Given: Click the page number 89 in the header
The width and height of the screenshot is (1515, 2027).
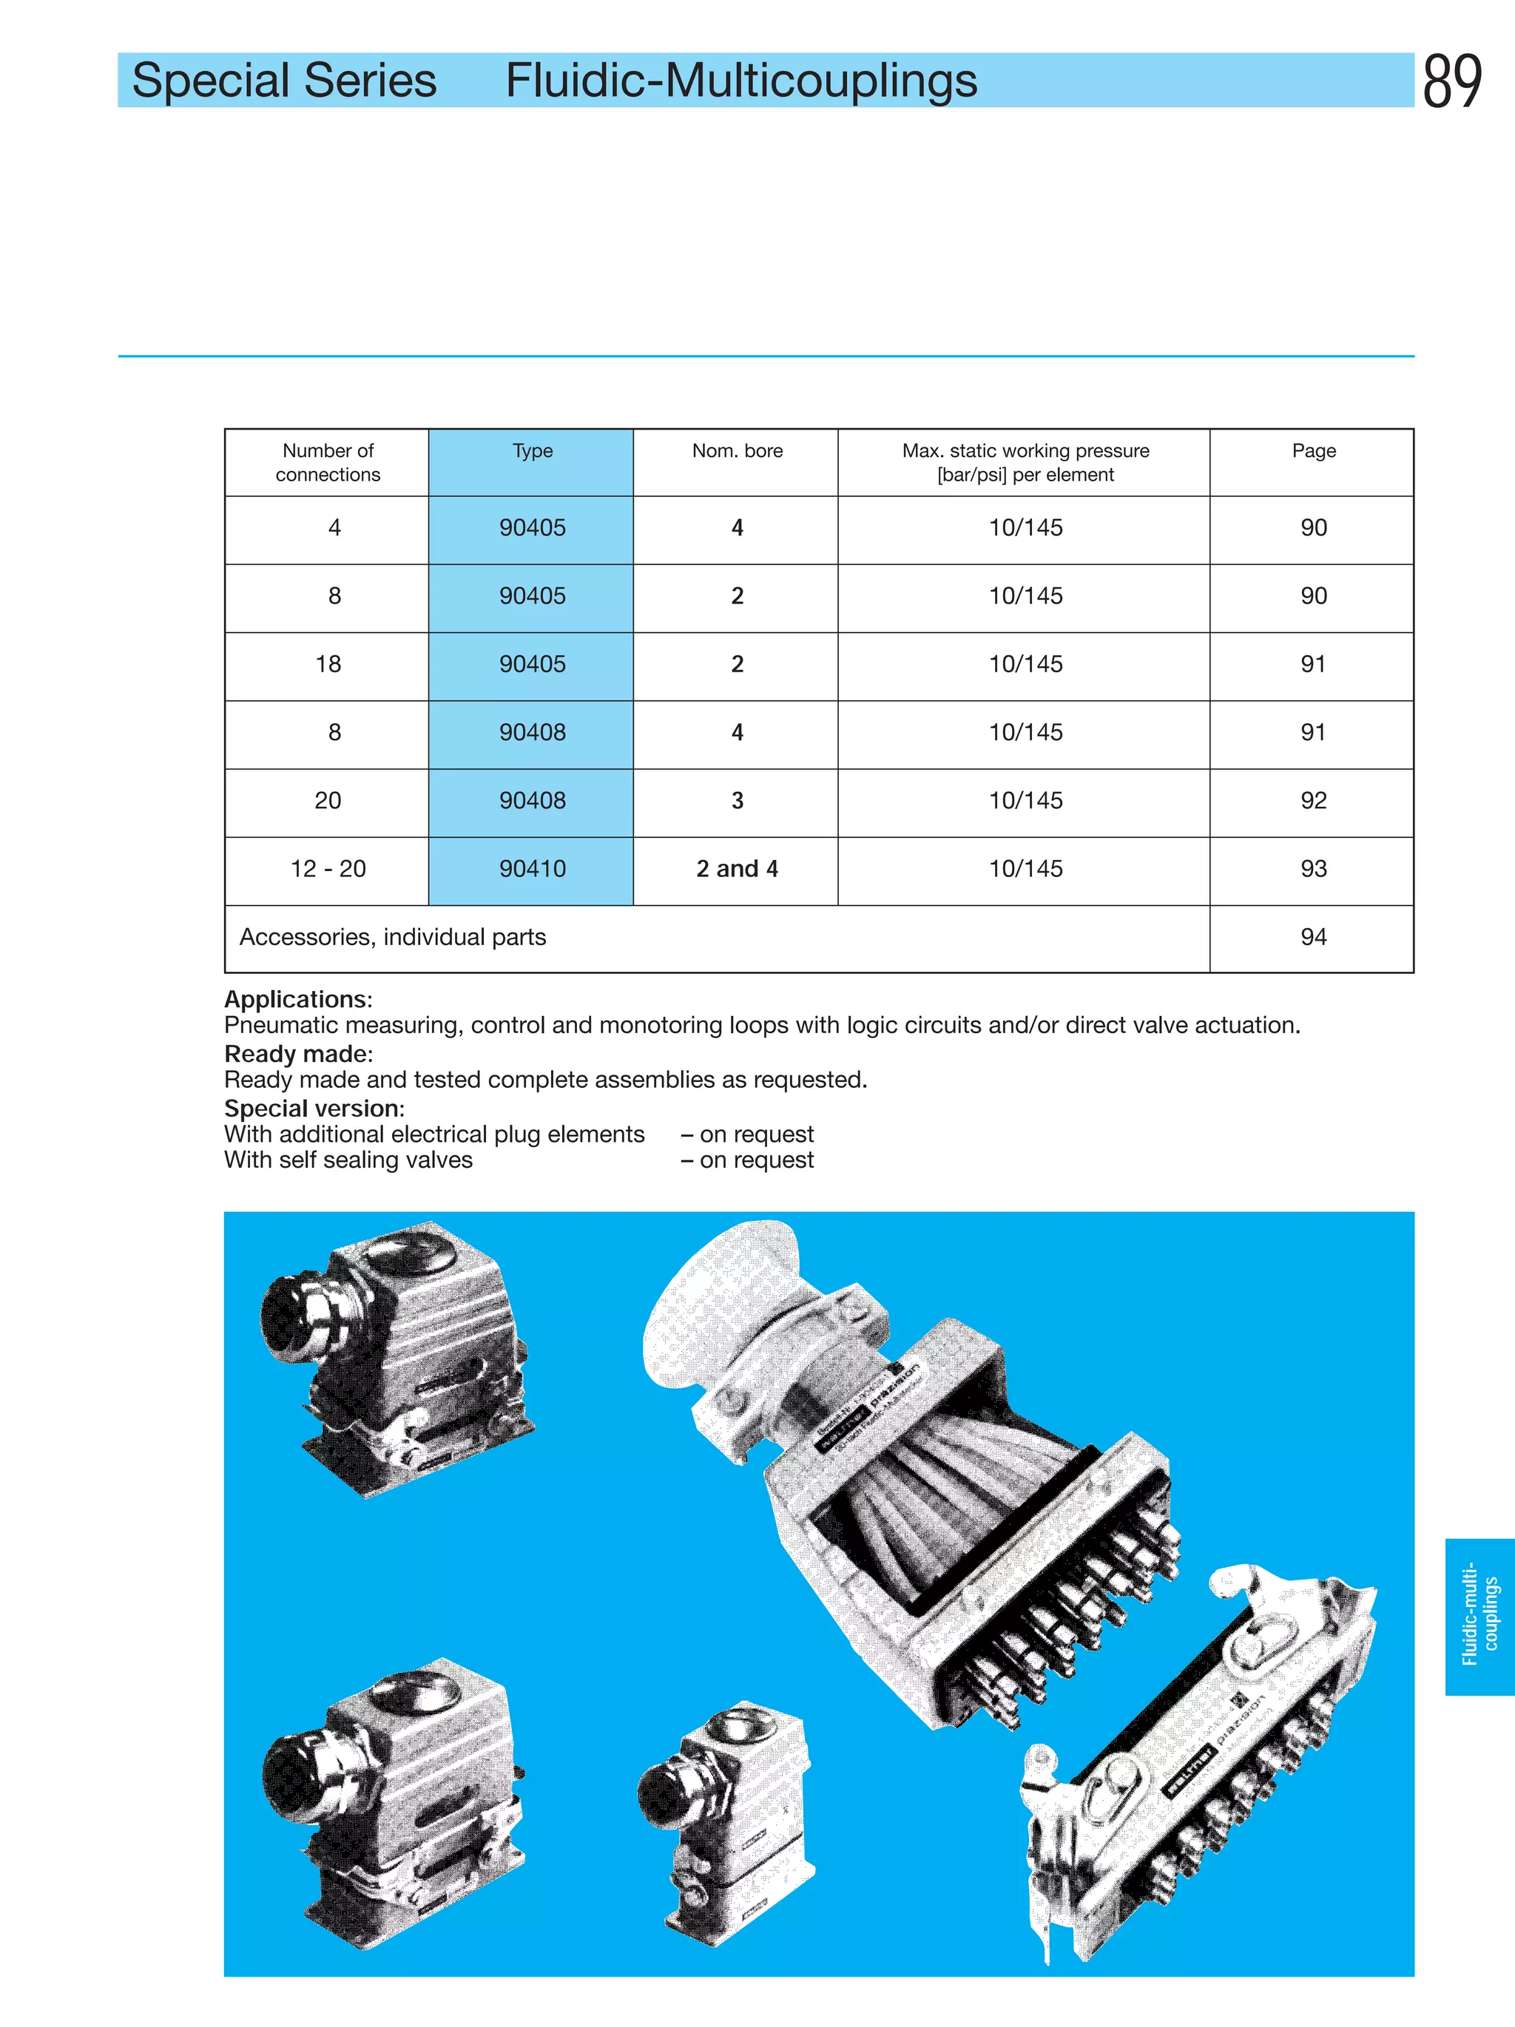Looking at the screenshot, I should click(x=1452, y=81).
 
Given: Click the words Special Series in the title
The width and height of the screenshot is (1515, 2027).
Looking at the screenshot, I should click(x=284, y=81).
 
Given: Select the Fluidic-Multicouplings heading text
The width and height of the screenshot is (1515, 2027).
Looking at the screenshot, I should click(x=740, y=81).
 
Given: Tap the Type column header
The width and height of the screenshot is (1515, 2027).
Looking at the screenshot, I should click(x=532, y=451).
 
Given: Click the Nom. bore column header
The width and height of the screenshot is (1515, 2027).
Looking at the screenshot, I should click(x=737, y=451).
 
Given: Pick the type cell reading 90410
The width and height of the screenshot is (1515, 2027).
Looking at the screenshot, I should click(x=532, y=869).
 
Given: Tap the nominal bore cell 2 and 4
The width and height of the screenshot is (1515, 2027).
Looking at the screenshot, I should click(x=737, y=869).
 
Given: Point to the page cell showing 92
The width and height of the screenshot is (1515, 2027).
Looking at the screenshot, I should click(x=1312, y=801).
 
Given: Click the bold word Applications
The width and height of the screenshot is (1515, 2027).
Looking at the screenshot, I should click(x=297, y=999).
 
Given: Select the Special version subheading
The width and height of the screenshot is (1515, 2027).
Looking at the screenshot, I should click(x=314, y=1109).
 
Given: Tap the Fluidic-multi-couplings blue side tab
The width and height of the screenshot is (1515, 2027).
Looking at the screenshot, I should click(x=1479, y=1617).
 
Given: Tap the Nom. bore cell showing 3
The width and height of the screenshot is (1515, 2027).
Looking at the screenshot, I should click(x=737, y=801).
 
